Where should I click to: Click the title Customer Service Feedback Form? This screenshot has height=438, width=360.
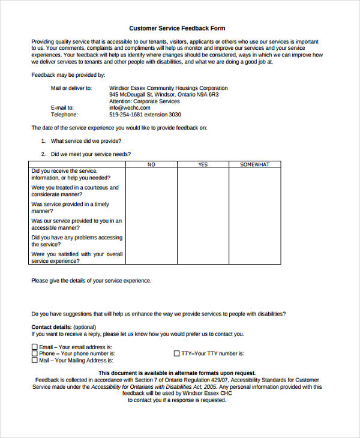pyautogui.click(x=177, y=28)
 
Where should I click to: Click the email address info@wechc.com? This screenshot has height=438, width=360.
pyautogui.click(x=130, y=108)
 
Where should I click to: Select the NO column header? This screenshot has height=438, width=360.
pyautogui.click(x=151, y=164)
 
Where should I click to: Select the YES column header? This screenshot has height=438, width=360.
pyautogui.click(x=203, y=164)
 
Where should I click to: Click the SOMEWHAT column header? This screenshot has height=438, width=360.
pyautogui.click(x=255, y=164)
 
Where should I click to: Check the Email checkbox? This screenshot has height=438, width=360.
pyautogui.click(x=34, y=347)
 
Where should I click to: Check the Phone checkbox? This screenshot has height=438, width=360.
pyautogui.click(x=34, y=353)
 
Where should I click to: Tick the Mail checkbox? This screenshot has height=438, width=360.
pyautogui.click(x=34, y=360)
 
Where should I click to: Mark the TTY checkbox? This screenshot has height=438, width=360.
pyautogui.click(x=177, y=353)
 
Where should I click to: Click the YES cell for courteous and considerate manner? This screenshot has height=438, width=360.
pyautogui.click(x=203, y=191)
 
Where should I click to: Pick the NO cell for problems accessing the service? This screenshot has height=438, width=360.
pyautogui.click(x=151, y=241)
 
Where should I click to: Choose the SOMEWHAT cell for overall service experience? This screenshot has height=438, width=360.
pyautogui.click(x=255, y=257)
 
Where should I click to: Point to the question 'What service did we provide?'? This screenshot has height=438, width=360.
pyautogui.click(x=86, y=141)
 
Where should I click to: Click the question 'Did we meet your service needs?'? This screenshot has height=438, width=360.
pyautogui.click(x=90, y=154)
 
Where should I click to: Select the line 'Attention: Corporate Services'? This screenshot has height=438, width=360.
pyautogui.click(x=144, y=101)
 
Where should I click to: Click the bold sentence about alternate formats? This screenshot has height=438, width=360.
pyautogui.click(x=177, y=373)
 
